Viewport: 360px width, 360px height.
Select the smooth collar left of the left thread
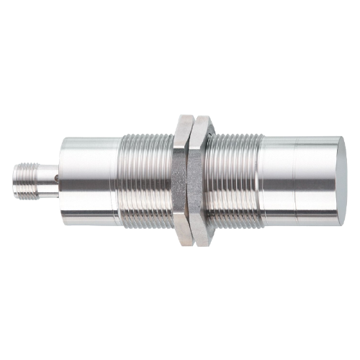coord(86,179)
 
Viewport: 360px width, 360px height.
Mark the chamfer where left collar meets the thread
coord(116,179)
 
